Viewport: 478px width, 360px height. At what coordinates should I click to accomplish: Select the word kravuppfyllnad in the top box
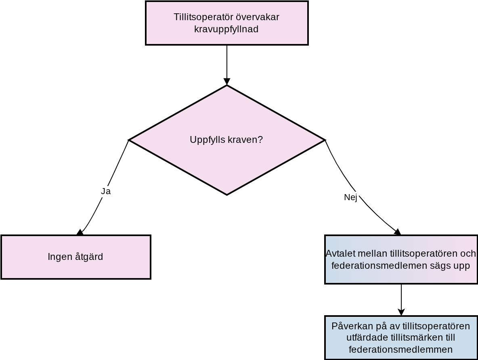tap(226, 29)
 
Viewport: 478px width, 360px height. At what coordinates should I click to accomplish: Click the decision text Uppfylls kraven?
tap(226, 140)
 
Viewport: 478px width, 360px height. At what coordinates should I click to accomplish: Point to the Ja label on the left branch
tap(106, 191)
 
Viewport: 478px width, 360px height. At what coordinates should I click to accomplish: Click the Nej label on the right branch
tap(350, 197)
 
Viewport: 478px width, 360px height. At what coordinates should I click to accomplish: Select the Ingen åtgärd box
tap(76, 257)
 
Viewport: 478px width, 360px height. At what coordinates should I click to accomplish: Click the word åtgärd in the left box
tap(89, 257)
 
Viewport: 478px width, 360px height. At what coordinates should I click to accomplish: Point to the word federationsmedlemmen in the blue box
tap(400, 350)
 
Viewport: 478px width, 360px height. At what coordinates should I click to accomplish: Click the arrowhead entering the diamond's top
tap(227, 82)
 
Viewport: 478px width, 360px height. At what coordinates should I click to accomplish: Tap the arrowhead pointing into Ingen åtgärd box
tap(80, 232)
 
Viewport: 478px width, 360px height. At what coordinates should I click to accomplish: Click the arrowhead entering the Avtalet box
tap(398, 232)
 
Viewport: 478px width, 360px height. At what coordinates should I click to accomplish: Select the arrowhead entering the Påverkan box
tap(401, 312)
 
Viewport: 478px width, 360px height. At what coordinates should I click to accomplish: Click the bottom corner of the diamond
tap(227, 195)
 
